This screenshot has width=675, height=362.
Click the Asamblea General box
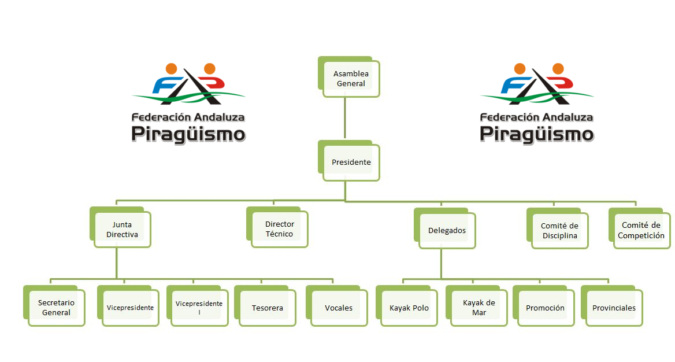349,77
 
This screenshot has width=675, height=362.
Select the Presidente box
349,161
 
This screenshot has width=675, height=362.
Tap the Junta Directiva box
121,227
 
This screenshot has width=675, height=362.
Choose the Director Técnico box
277,227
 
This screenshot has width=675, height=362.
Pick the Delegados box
445,228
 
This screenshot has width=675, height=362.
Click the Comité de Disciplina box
558,228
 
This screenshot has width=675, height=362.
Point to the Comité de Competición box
640,228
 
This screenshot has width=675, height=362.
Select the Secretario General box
54,306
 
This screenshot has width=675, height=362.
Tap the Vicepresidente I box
198,306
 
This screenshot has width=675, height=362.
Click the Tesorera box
265,306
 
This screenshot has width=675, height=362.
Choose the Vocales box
337,306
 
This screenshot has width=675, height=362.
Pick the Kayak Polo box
407,306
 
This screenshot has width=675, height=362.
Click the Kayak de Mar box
477,306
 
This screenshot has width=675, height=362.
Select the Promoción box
544,306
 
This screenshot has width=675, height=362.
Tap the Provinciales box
612,306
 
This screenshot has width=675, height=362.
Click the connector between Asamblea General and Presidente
345,118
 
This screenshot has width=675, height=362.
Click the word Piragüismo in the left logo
188,134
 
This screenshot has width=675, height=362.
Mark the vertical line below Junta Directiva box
117,263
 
